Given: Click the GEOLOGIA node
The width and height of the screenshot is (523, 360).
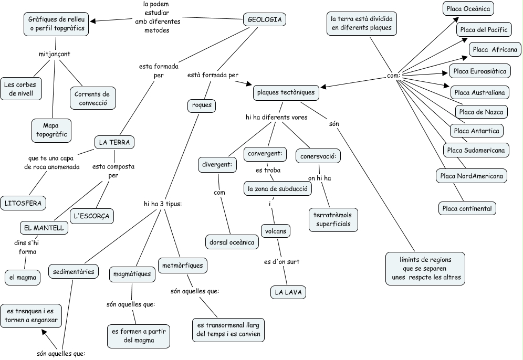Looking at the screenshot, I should click(x=265, y=20).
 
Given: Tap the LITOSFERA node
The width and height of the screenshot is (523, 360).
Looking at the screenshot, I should click(x=23, y=203).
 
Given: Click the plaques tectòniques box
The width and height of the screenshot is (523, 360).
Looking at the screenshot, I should click(x=286, y=93).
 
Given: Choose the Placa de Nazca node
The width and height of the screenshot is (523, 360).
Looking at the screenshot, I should click(x=480, y=112).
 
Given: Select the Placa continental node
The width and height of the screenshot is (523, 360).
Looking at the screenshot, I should click(x=467, y=208).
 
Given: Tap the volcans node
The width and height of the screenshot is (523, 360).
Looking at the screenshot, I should click(x=276, y=230).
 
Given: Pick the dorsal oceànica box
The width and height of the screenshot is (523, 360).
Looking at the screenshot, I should click(x=232, y=242).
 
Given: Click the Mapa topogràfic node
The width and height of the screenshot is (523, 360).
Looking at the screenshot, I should click(x=51, y=130).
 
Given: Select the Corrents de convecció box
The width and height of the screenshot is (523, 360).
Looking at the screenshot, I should click(x=92, y=99).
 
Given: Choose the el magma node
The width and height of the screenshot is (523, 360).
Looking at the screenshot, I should click(x=23, y=277).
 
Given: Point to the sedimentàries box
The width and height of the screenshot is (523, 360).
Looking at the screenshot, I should click(x=74, y=271).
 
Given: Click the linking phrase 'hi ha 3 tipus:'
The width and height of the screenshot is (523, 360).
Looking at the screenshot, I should click(x=162, y=204).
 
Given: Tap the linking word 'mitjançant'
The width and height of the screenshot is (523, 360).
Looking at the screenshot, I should click(x=55, y=54).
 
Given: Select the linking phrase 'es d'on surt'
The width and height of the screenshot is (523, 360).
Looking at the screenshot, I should click(x=281, y=261).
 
